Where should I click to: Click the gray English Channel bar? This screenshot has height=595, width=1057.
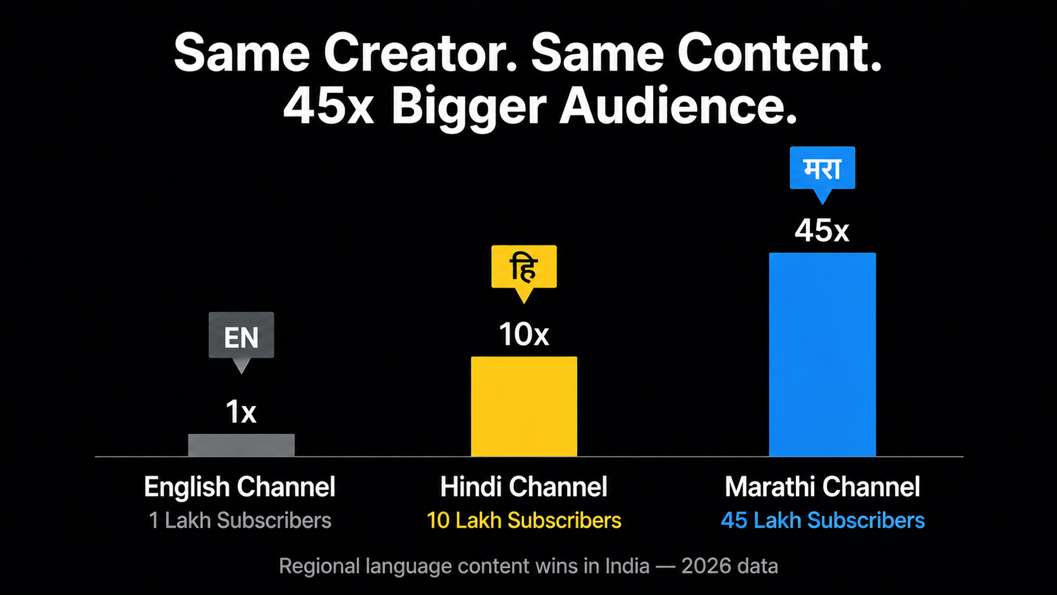241,445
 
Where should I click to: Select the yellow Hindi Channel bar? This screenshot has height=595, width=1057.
524,407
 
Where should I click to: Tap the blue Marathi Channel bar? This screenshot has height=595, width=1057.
822,354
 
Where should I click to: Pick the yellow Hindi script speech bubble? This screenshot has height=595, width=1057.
524,272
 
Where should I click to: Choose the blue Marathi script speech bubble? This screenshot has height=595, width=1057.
822,173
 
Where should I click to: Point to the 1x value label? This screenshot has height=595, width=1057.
241,412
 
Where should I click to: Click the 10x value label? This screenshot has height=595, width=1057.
524,334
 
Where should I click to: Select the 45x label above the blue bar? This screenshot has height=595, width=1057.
822,231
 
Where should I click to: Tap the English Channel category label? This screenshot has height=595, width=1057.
240,487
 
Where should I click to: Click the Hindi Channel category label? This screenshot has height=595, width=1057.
524,487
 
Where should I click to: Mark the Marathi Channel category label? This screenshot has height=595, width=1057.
822,487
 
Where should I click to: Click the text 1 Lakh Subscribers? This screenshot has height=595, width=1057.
240,520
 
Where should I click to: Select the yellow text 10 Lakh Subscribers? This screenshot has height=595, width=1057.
524,520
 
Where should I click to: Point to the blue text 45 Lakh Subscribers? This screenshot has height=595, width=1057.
822,520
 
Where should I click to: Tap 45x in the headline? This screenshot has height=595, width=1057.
329,106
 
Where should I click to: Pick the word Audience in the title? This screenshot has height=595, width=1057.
678,106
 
